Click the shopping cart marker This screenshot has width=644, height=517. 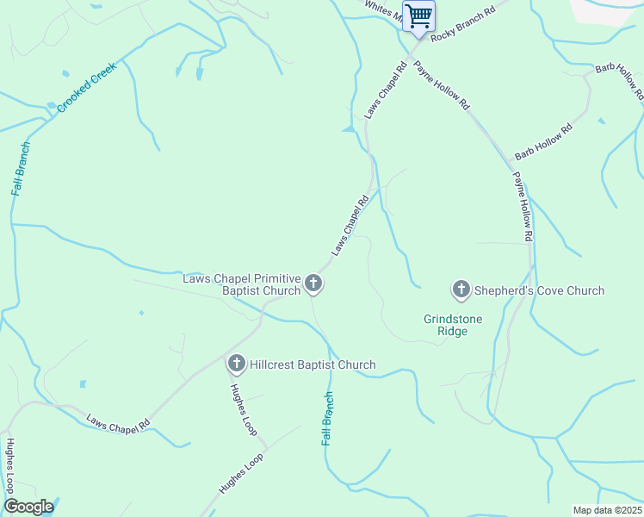tap(418, 16)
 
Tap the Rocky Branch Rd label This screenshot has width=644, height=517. tap(464, 23)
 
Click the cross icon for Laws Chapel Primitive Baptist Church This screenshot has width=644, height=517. tap(313, 283)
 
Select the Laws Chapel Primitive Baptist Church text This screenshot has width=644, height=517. tap(242, 284)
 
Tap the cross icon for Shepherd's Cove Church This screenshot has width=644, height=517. tap(461, 290)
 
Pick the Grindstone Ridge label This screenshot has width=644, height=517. tap(453, 325)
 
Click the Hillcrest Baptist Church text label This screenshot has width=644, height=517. tap(313, 364)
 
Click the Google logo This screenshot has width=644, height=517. tap(28, 507)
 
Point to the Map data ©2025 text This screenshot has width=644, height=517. tap(606, 510)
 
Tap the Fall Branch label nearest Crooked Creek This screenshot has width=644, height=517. tap(22, 168)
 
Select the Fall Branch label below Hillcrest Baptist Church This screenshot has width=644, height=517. tap(327, 419)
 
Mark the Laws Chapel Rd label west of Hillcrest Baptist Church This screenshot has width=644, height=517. tap(118, 422)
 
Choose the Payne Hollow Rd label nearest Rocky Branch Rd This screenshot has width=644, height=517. tap(442, 86)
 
